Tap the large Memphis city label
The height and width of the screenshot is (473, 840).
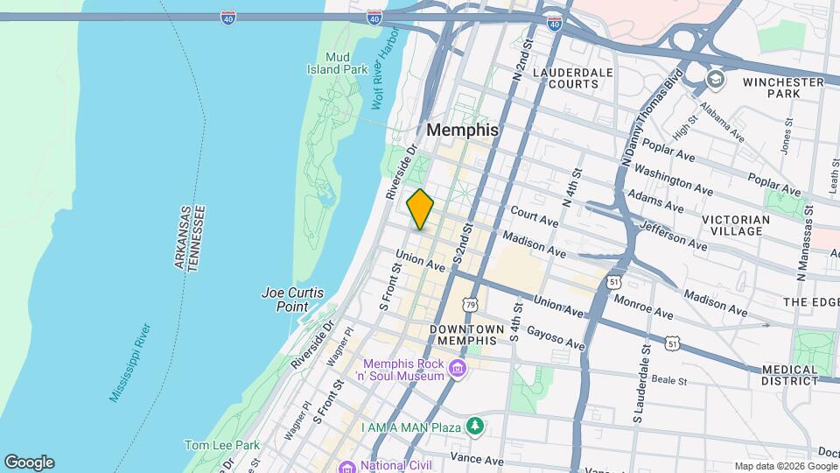coord(463,130)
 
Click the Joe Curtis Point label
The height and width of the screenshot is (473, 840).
coord(285,300)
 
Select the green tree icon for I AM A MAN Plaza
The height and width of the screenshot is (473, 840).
coord(475,427)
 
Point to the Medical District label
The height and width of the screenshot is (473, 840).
coord(789,375)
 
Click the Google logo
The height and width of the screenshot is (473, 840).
coord(29,462)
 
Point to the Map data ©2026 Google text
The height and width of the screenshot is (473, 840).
coord(785,466)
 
